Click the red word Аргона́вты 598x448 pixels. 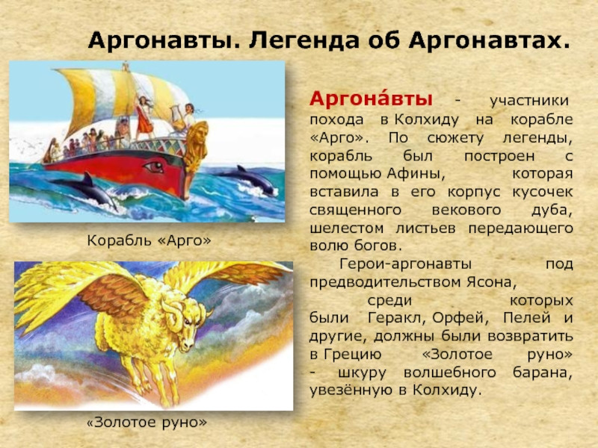pyautogui.click(x=371, y=99)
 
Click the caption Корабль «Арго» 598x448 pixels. pyautogui.click(x=149, y=240)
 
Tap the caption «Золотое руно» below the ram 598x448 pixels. pyautogui.click(x=147, y=422)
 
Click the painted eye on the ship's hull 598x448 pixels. pyautogui.click(x=154, y=167)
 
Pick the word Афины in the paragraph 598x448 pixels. pyautogui.click(x=416, y=174)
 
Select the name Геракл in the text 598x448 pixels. pyautogui.click(x=397, y=318)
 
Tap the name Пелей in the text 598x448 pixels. pyautogui.click(x=527, y=318)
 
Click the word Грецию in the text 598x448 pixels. pyautogui.click(x=353, y=355)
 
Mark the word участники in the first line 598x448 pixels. pyautogui.click(x=529, y=102)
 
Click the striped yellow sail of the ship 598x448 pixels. pyautogui.click(x=122, y=96)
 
